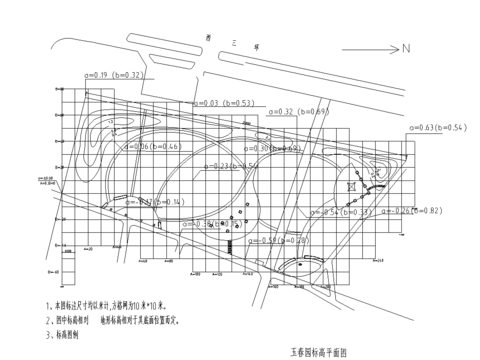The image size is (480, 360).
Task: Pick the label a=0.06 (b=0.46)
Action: (x=151, y=147)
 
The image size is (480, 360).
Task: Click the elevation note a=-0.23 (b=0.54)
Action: (x=232, y=165)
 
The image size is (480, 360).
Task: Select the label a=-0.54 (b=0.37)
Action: (x=345, y=212)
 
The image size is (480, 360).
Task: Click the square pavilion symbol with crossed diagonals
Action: (x=352, y=186)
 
